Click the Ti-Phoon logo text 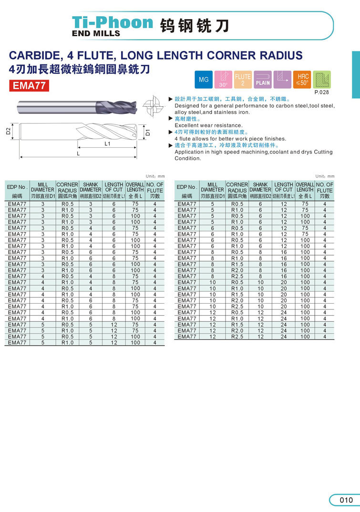[113, 22]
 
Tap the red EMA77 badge [30, 86]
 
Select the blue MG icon [204, 80]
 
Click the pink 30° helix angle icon [223, 80]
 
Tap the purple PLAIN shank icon [263, 80]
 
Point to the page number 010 [346, 500]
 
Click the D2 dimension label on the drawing [9, 131]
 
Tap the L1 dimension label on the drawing [107, 143]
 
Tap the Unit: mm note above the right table [325, 176]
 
